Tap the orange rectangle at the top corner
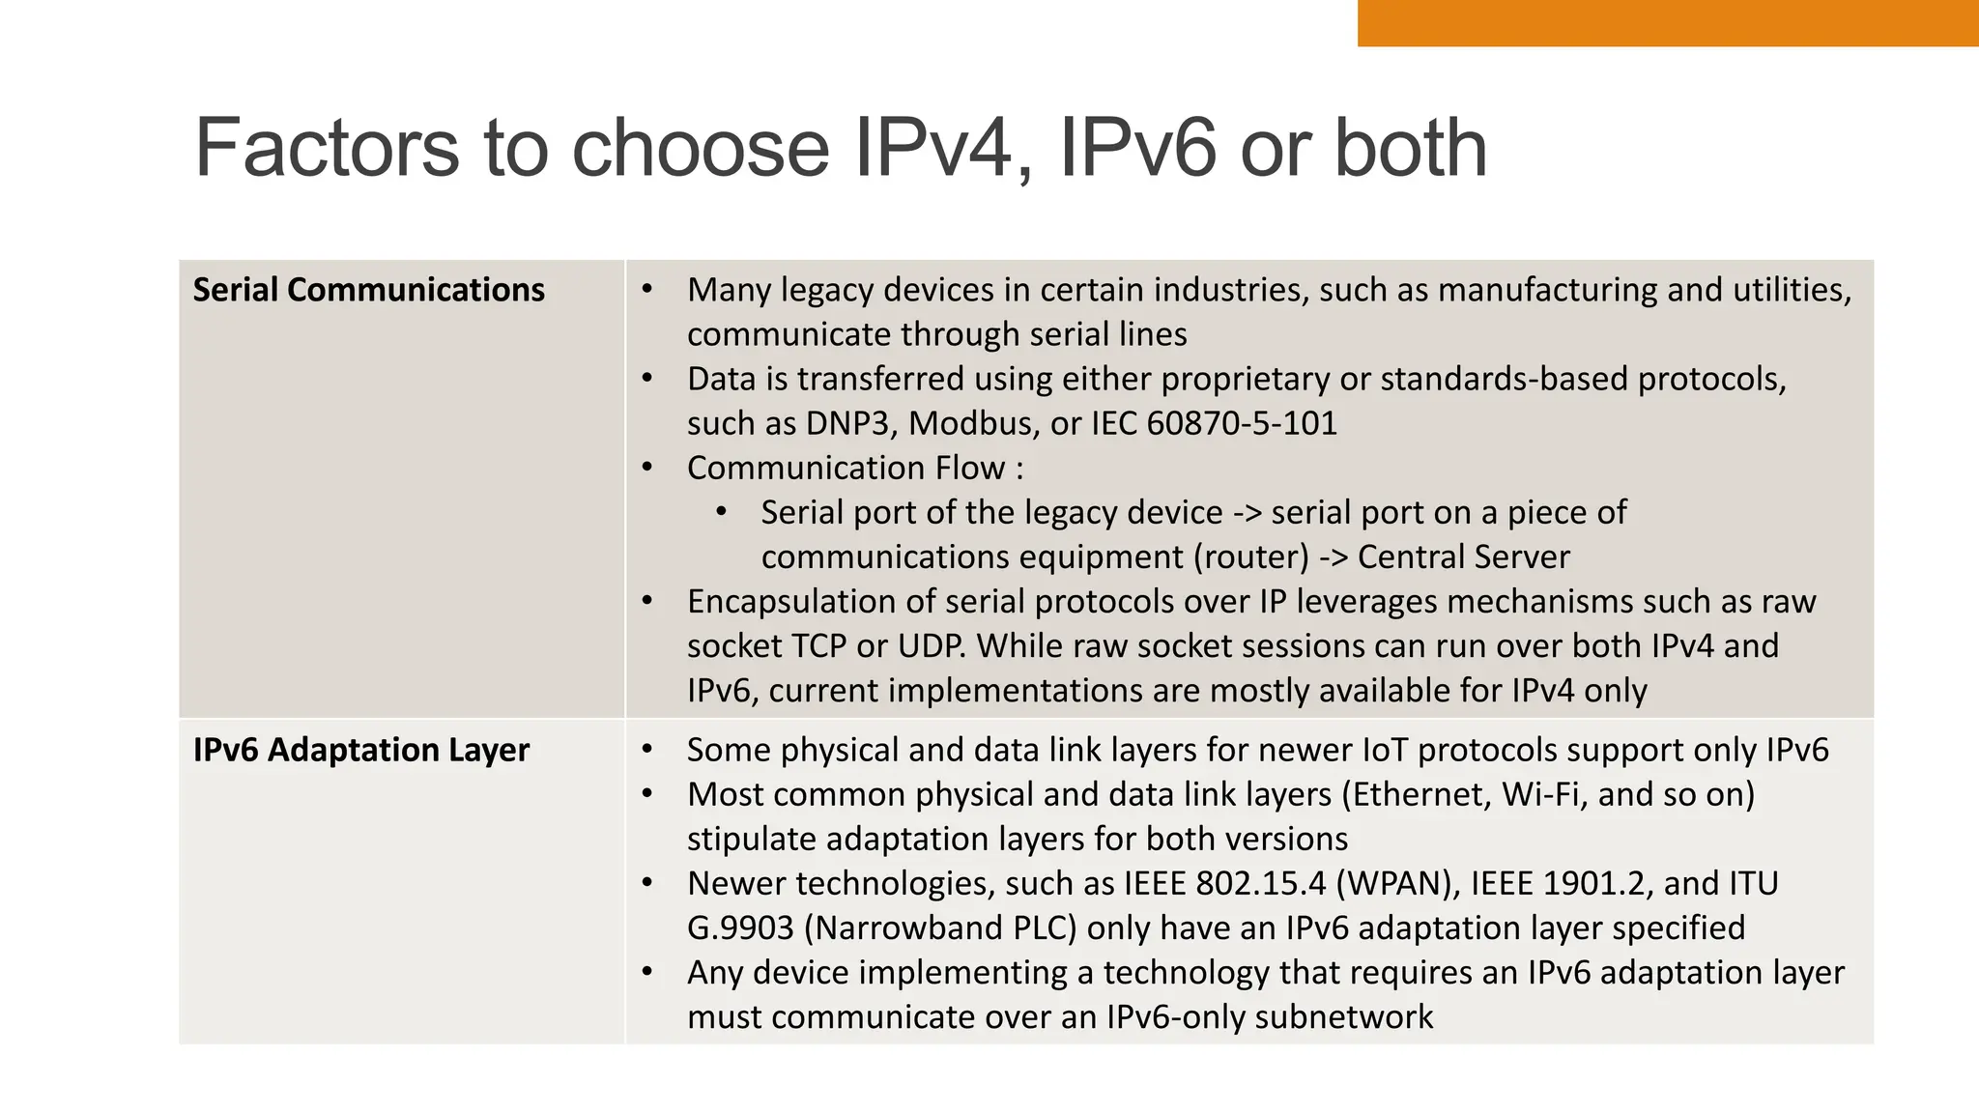(1667, 22)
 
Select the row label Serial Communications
(368, 290)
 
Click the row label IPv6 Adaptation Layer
(360, 750)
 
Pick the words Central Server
(1463, 556)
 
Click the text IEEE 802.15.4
(1224, 883)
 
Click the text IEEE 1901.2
(1562, 883)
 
